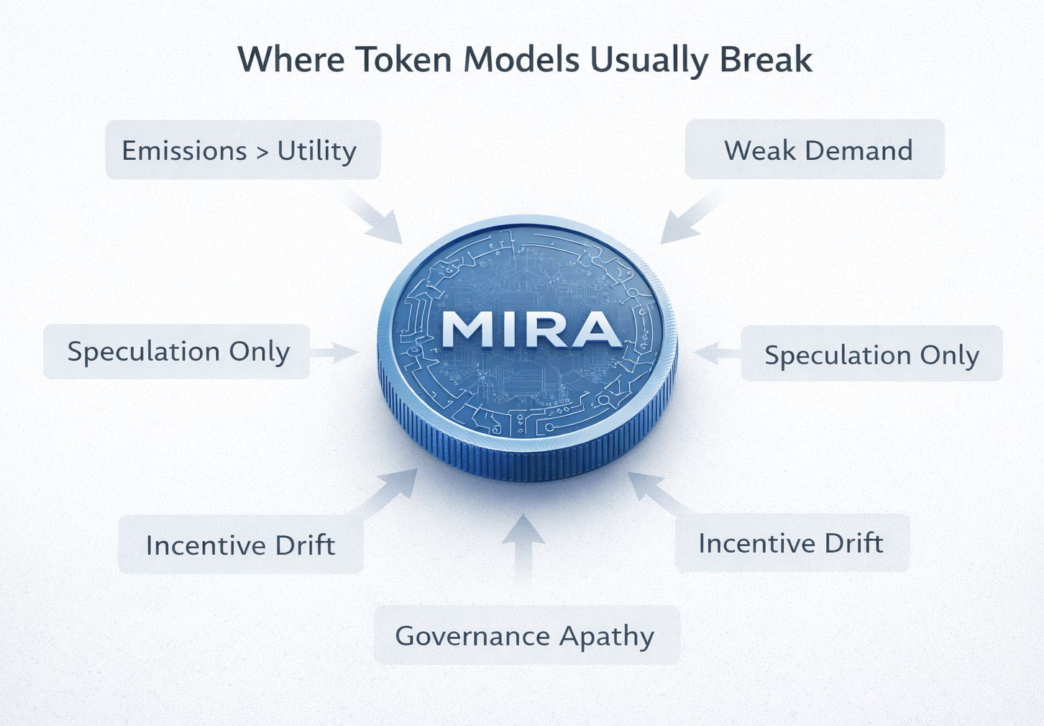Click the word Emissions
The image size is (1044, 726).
click(184, 151)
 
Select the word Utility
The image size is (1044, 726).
click(316, 151)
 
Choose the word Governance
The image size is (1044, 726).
click(472, 636)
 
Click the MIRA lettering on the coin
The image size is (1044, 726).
click(531, 330)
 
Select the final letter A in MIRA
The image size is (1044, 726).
click(595, 330)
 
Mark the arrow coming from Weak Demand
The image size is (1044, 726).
click(686, 219)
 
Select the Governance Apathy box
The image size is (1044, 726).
click(526, 635)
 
